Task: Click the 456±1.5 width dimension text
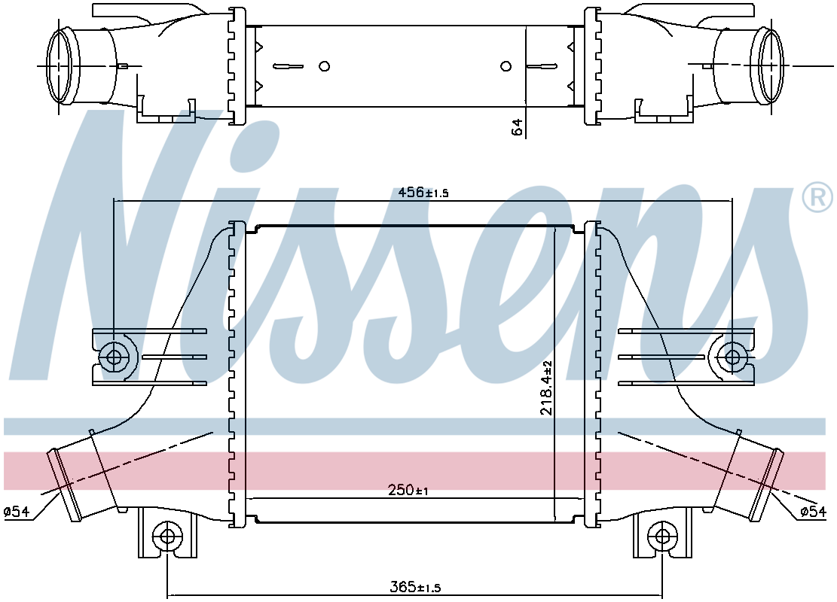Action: click(x=423, y=192)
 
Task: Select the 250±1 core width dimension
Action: click(x=408, y=489)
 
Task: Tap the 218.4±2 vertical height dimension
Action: click(x=546, y=388)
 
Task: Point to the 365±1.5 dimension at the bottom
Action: click(x=415, y=588)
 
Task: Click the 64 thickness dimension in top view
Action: click(x=517, y=127)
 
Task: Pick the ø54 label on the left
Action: click(x=17, y=512)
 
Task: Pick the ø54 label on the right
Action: click(x=814, y=512)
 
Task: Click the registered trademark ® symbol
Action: click(x=817, y=197)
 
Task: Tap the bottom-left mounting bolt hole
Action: click(x=167, y=537)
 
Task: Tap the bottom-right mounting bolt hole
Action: click(x=662, y=537)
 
